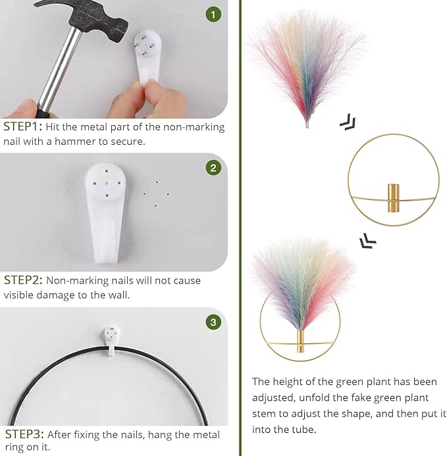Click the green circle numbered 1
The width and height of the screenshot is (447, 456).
[x=213, y=14]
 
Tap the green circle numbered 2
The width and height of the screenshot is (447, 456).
[x=213, y=168]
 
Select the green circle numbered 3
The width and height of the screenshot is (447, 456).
[x=213, y=322]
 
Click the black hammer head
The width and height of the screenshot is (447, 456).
[x=88, y=18]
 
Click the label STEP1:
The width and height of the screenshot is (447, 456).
[x=22, y=127]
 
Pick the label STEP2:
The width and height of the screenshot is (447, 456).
[x=23, y=280]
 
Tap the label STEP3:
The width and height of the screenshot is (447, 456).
[x=24, y=434]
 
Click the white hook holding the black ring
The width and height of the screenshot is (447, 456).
[x=111, y=341]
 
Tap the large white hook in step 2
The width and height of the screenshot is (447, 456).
[x=105, y=213]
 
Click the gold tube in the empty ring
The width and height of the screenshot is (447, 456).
[x=394, y=198]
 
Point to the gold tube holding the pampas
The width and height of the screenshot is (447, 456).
[x=300, y=342]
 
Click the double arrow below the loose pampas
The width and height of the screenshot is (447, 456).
[x=348, y=122]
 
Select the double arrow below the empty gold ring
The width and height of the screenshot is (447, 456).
[x=367, y=241]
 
